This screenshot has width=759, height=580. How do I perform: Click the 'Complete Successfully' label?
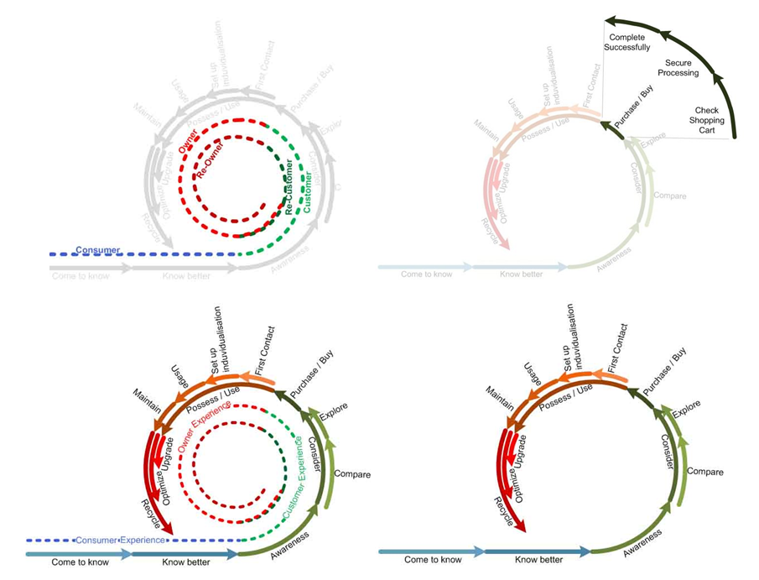(629, 43)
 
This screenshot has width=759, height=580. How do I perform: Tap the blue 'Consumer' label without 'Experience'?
(98, 250)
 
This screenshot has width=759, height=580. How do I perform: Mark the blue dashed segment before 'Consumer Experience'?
(50, 541)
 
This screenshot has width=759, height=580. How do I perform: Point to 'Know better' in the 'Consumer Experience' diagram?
(186, 562)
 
